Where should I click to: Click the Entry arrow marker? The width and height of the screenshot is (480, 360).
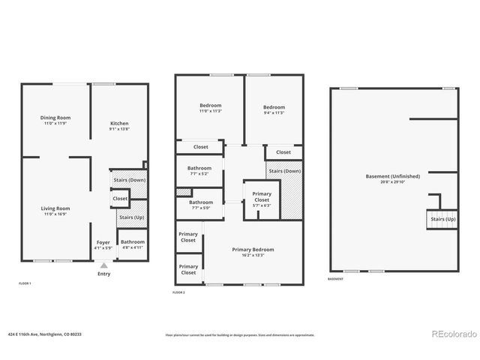103,265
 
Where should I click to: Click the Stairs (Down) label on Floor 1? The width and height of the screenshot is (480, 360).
129,180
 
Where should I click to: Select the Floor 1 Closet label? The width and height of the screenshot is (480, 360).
120,198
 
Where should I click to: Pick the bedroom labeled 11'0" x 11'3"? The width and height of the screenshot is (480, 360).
210,107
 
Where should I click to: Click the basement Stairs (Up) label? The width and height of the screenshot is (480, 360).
442,219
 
